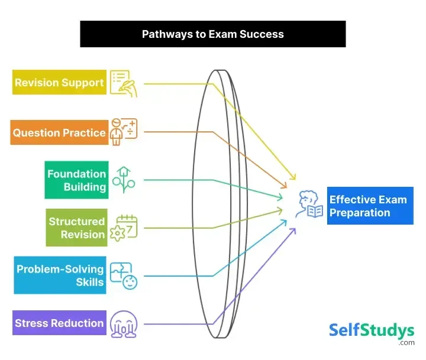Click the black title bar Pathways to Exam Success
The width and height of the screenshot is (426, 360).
213,34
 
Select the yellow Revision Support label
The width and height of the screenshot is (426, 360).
59,83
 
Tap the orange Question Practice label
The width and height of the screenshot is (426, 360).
59,132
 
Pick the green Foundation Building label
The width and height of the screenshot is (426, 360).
77,180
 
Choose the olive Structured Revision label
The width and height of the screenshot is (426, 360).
77,228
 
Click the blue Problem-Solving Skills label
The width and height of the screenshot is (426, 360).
60,275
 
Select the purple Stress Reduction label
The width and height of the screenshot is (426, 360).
59,323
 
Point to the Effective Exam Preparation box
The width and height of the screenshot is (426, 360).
370,206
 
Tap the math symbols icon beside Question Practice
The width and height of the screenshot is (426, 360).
124,132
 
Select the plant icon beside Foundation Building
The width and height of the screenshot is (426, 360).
124,180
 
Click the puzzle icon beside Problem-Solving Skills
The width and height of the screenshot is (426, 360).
124,275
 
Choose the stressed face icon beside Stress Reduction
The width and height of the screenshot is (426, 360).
123,323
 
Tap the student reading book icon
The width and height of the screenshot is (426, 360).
310,205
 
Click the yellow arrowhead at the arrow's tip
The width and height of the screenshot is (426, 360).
293,177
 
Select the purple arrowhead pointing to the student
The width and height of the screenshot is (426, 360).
293,229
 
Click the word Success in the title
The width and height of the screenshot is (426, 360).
262,34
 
